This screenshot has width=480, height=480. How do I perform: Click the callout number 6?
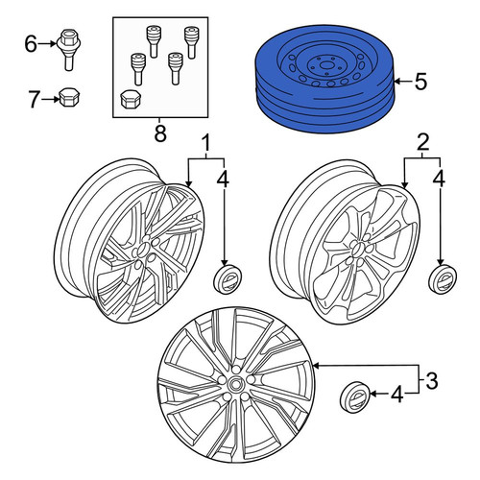(x=31, y=44)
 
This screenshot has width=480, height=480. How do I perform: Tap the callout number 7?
(x=34, y=99)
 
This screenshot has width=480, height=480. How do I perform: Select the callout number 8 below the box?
(x=160, y=133)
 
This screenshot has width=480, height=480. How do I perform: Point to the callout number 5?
(x=420, y=82)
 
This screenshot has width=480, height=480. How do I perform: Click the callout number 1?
(x=206, y=144)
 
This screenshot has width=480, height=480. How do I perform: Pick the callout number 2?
(x=422, y=144)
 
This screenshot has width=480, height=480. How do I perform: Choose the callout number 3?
(x=432, y=381)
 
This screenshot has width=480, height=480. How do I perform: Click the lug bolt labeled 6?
(x=68, y=50)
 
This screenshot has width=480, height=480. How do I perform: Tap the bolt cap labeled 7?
(x=70, y=97)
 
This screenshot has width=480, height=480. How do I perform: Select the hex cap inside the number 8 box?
(x=130, y=99)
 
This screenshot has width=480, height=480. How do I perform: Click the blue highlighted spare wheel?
(x=324, y=79)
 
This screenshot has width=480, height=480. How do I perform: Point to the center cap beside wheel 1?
(x=228, y=277)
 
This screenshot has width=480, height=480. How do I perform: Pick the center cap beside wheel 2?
(x=443, y=277)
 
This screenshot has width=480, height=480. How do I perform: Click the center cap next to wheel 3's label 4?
(x=354, y=396)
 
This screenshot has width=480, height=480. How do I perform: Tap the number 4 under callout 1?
(x=223, y=179)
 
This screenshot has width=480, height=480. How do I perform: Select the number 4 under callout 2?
(x=439, y=179)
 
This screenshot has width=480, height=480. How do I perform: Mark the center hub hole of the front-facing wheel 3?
(x=236, y=383)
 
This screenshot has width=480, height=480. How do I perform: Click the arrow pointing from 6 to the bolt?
(x=48, y=44)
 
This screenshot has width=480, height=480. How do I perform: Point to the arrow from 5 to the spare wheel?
(x=403, y=82)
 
